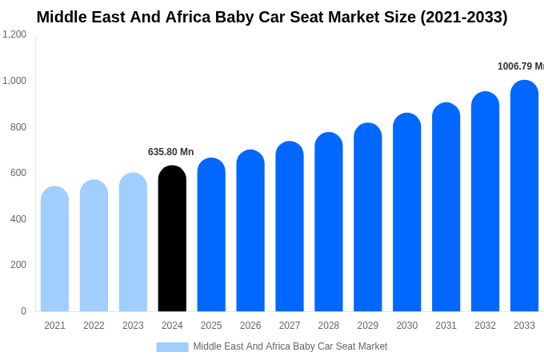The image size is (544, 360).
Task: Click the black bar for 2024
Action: [x=172, y=240]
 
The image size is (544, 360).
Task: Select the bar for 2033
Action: [x=524, y=196]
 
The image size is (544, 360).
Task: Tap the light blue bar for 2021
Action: [x=54, y=250]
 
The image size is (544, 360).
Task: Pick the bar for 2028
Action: [x=329, y=222]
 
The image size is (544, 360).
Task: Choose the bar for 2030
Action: [x=406, y=213]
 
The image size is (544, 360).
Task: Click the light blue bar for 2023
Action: [x=133, y=242]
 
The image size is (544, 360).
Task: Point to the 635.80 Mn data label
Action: [x=170, y=152]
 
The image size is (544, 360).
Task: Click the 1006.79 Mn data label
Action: [x=520, y=66]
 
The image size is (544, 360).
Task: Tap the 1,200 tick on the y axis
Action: [x=14, y=34]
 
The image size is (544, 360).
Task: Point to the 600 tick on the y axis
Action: [x=18, y=173]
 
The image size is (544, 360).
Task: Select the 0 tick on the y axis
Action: [x=23, y=311]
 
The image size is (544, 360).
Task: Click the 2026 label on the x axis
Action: [x=250, y=326]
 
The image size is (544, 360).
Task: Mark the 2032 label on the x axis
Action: [x=485, y=326]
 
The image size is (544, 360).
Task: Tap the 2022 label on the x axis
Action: [x=94, y=326]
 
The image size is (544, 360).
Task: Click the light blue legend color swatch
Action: [x=172, y=347]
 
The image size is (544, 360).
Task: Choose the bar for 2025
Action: [x=211, y=235]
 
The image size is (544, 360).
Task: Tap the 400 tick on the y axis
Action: [x=18, y=219]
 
